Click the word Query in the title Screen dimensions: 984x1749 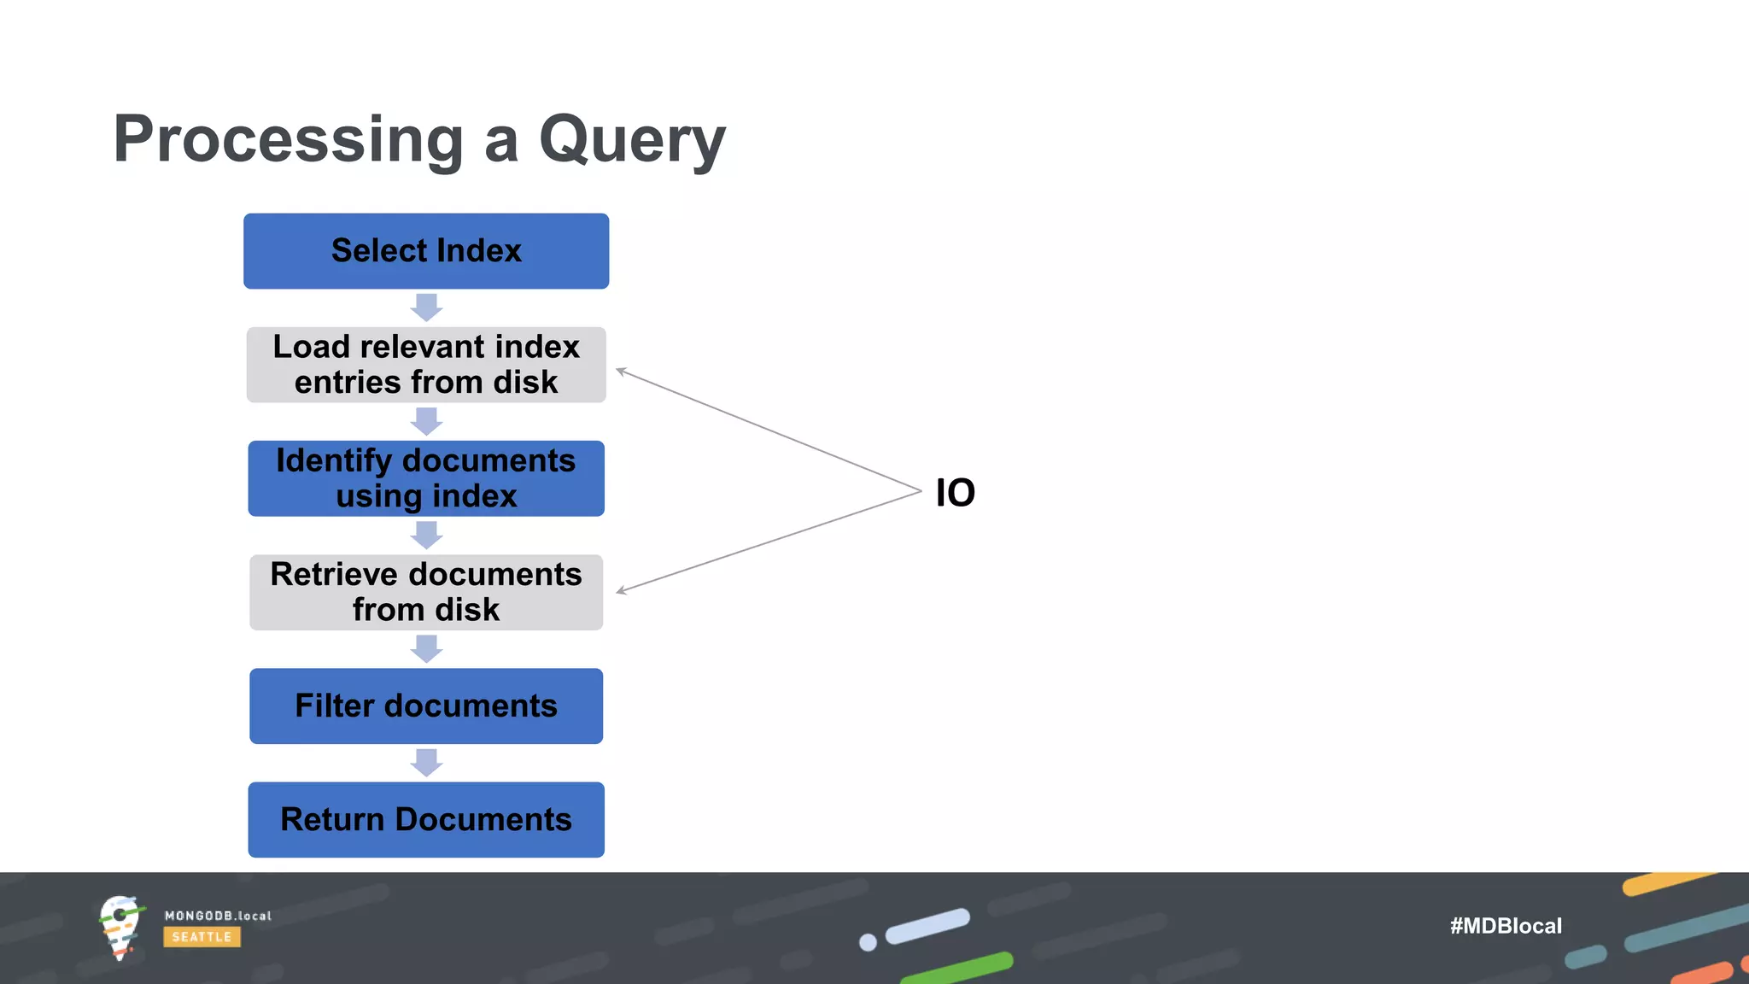click(632, 141)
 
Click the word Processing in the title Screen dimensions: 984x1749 click(288, 141)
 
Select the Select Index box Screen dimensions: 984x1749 click(426, 251)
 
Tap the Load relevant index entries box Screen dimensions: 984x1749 click(426, 365)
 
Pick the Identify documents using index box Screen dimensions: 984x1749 click(426, 478)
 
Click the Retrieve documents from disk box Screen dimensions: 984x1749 click(426, 592)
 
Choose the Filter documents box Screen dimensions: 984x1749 click(426, 706)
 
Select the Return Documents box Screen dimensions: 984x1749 click(426, 819)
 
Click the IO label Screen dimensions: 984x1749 click(955, 493)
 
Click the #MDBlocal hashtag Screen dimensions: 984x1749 click(1506, 926)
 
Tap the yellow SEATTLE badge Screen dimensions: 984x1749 click(202, 937)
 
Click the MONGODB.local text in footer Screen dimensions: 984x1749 click(218, 916)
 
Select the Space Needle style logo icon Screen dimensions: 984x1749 click(120, 927)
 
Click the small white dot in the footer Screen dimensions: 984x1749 click(868, 942)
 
